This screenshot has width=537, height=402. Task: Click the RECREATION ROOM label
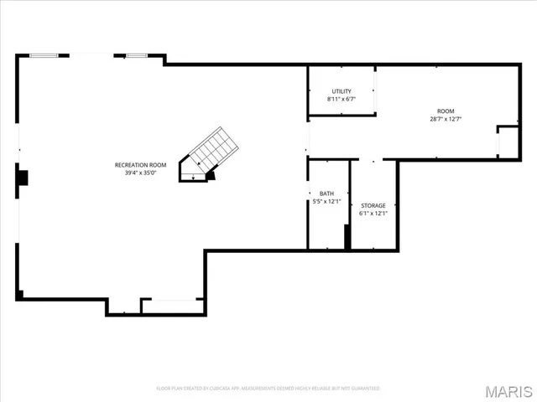coord(140,165)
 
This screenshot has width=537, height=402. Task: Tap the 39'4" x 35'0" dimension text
coord(140,173)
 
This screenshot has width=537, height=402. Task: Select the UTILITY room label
coord(341,91)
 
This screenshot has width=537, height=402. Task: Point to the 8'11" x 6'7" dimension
coord(341,100)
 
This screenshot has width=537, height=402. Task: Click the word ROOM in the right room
coord(445,111)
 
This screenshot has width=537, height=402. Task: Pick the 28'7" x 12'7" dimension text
coord(445,119)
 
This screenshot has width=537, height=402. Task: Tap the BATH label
coord(326,193)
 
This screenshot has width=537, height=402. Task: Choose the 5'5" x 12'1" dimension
coord(326,202)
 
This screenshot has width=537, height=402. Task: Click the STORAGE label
coord(373,205)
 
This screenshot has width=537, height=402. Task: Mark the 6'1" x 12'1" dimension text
coord(373,214)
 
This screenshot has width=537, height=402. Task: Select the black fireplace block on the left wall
coord(23,178)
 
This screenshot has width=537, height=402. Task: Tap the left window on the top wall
coord(44,56)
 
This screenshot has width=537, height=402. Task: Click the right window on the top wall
coord(137,56)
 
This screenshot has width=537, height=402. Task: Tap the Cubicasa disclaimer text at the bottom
coord(268,389)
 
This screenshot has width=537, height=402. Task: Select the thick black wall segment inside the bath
coord(347,237)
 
